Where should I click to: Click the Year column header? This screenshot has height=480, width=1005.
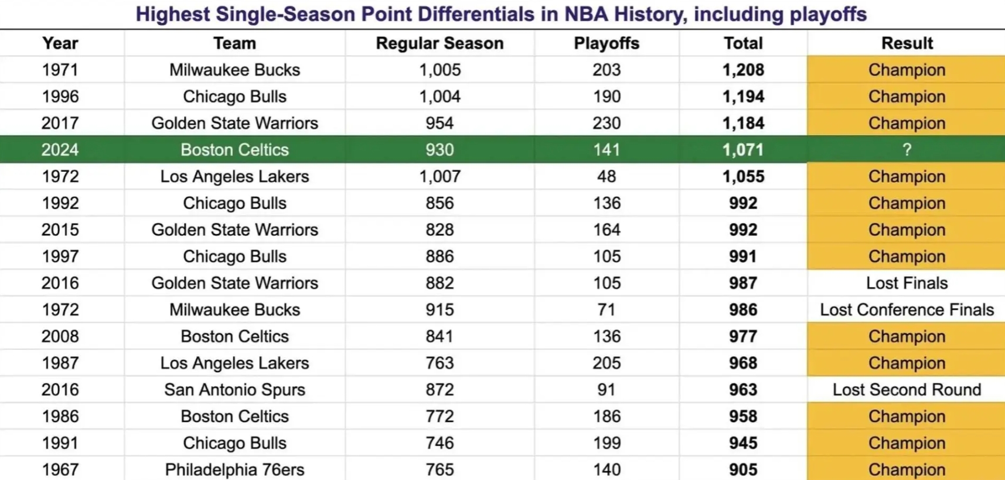click(60, 43)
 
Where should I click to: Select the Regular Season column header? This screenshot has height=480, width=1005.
click(440, 43)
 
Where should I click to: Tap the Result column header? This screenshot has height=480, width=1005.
click(907, 43)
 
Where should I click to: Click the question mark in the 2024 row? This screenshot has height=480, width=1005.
click(907, 150)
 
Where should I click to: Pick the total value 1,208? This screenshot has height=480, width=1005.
click(743, 70)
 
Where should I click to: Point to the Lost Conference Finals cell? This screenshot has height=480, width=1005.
click(907, 310)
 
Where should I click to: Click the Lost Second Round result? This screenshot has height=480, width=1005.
click(907, 390)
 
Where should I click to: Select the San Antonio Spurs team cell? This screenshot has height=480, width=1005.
click(234, 390)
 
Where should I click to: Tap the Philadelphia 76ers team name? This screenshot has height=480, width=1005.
click(234, 469)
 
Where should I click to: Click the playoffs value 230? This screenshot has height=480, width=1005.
click(606, 124)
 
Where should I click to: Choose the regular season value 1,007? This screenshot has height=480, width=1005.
click(440, 176)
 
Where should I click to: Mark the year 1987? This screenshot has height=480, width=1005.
click(60, 363)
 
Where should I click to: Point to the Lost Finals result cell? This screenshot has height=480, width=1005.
click(907, 283)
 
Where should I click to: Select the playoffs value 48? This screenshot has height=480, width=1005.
click(606, 176)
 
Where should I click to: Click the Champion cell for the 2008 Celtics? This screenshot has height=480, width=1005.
click(907, 336)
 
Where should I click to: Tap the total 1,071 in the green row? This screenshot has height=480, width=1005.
click(743, 150)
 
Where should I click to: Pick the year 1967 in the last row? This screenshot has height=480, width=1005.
click(60, 469)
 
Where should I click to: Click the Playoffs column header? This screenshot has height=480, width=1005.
click(606, 43)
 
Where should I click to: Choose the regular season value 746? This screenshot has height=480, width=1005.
click(440, 443)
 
